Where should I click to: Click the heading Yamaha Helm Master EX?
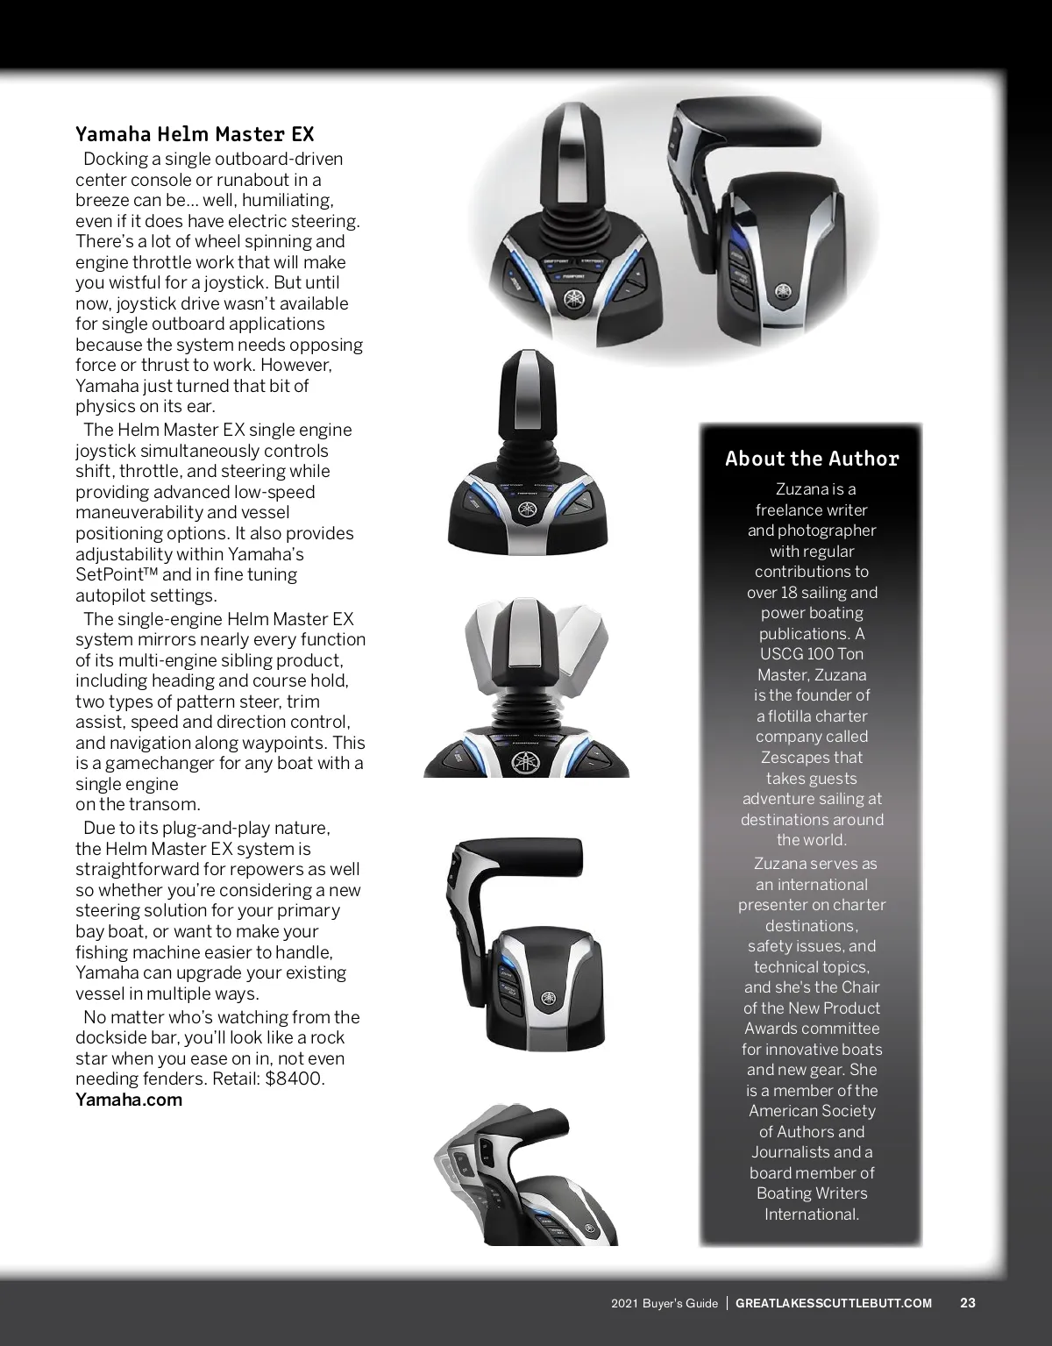coord(195,134)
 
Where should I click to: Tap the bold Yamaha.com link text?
coord(129,1100)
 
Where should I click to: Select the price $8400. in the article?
coord(295,1079)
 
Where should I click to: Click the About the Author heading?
coord(812,459)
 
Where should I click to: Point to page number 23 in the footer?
coord(968,1303)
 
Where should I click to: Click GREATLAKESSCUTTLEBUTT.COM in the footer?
coord(833,1303)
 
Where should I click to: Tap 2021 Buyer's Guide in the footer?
coord(665,1303)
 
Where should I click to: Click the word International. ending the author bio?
coord(812,1214)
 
